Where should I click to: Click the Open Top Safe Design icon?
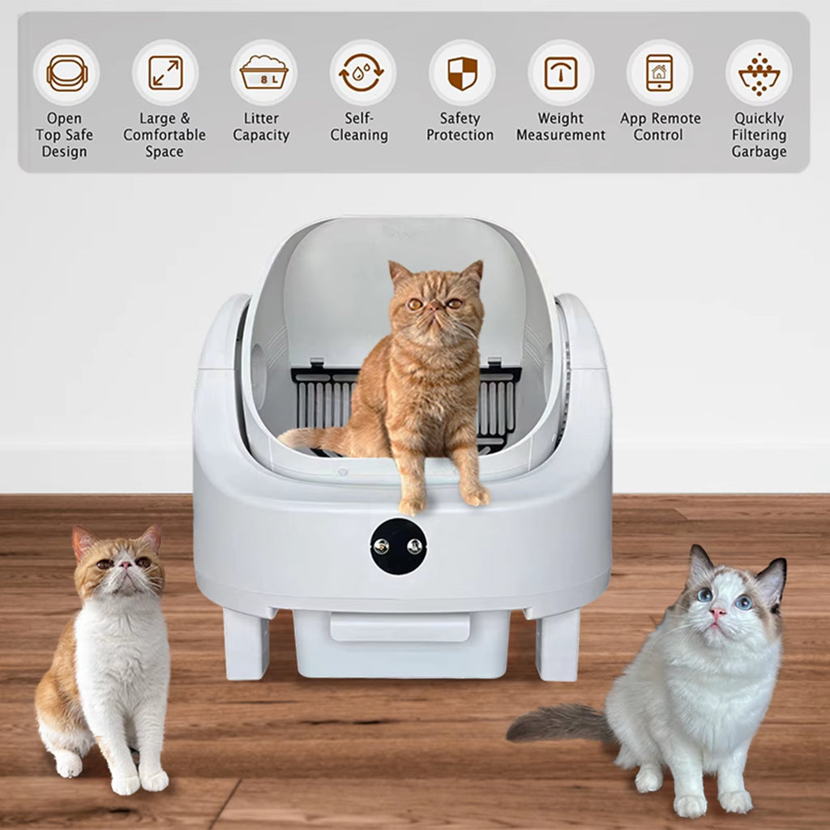point(66,73)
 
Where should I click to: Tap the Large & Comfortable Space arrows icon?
point(165,73)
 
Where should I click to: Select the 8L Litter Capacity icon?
point(263,73)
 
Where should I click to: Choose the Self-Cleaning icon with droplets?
point(362,73)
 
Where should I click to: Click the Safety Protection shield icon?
point(462,73)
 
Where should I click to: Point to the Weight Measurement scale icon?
point(561,73)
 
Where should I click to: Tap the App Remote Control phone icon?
point(659,73)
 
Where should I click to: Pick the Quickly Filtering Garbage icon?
point(759,73)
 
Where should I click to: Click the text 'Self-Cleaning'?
point(359,126)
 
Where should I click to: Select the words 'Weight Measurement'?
point(561,126)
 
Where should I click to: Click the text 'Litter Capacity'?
point(261,126)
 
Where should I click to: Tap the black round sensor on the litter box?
point(399,546)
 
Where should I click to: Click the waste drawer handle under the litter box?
point(400,626)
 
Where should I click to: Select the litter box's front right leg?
point(558,644)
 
